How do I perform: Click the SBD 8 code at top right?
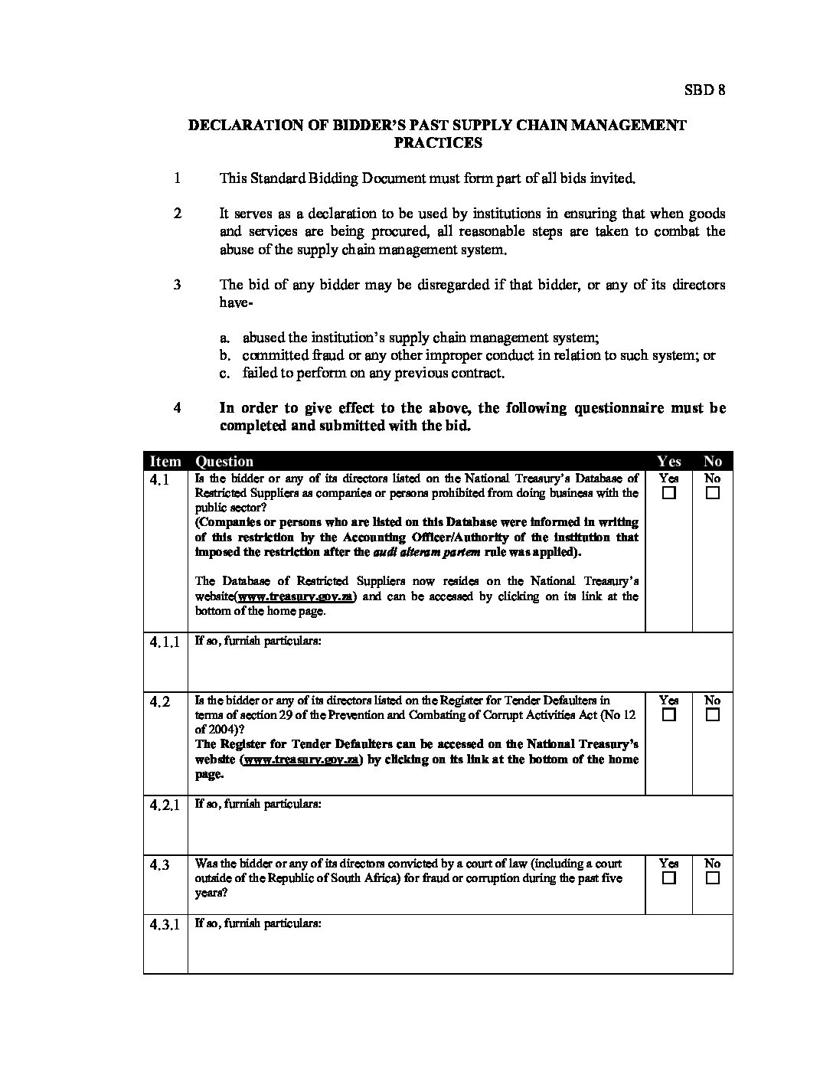(x=704, y=90)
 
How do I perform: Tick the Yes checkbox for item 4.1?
(x=669, y=493)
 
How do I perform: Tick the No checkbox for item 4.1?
(x=713, y=493)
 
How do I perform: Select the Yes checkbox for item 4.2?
(x=669, y=715)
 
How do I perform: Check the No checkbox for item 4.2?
(x=713, y=715)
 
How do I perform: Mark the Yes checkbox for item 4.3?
(x=669, y=878)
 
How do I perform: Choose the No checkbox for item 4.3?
(x=713, y=878)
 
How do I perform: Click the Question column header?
(x=224, y=461)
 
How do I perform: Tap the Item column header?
(x=165, y=461)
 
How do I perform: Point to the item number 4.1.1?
(x=165, y=642)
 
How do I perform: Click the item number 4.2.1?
(x=165, y=805)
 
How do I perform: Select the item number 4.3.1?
(x=165, y=924)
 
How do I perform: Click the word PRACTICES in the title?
(x=438, y=142)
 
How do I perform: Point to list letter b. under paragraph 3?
(x=224, y=355)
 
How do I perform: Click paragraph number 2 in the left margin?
(x=178, y=214)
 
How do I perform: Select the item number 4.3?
(x=160, y=865)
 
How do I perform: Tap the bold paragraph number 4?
(x=178, y=408)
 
